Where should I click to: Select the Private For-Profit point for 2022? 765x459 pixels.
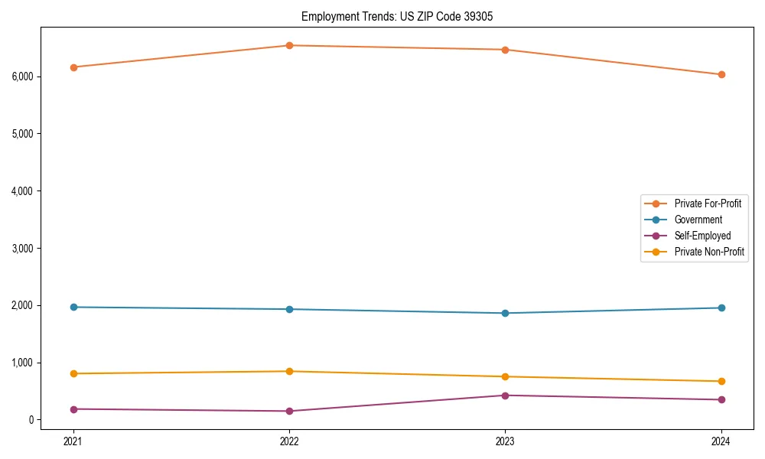(289, 45)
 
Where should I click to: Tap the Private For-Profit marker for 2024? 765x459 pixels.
(721, 74)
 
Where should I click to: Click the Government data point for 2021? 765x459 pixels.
(73, 307)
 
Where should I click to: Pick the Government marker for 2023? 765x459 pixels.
(505, 313)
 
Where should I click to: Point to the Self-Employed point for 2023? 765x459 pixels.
(505, 396)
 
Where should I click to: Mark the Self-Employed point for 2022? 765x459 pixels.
(289, 411)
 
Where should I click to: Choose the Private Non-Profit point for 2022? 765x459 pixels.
(289, 371)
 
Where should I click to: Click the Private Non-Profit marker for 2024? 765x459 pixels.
(721, 381)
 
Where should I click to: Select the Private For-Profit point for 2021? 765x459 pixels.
(73, 67)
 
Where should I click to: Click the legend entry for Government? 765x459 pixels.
(698, 220)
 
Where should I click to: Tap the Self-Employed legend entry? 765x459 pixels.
(702, 236)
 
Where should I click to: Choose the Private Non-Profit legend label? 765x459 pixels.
(709, 252)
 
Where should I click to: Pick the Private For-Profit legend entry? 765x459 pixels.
(708, 203)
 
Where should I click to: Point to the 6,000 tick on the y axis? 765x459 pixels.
(22, 76)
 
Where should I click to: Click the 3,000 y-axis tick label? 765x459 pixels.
(22, 248)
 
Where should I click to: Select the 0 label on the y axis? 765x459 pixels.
(31, 420)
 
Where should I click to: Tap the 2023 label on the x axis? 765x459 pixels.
(505, 441)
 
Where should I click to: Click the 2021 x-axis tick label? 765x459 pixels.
(73, 441)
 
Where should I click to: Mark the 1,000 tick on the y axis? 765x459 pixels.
(22, 363)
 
